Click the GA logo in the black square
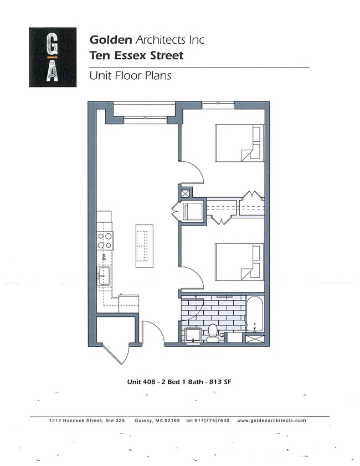[x=53, y=57]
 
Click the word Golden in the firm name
[x=111, y=40]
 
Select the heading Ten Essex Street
[x=136, y=55]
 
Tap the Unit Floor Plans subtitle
[x=130, y=76]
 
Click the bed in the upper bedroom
[x=238, y=142]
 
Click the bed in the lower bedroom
[x=238, y=261]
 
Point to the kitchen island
[x=145, y=245]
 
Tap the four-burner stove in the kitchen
[x=105, y=240]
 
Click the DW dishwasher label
[x=104, y=257]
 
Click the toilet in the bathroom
[x=212, y=331]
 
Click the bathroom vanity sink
[x=193, y=335]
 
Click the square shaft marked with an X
[x=185, y=193]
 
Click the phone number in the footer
[x=208, y=421]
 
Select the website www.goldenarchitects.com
[x=271, y=421]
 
